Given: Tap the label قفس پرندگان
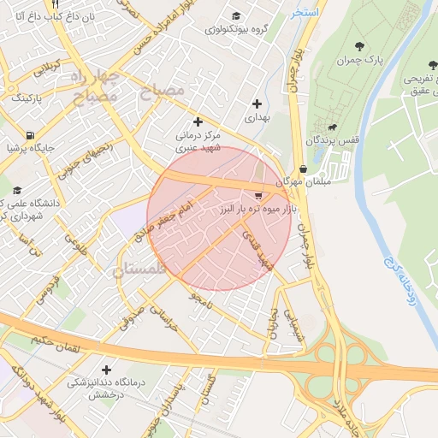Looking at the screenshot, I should point(340,139).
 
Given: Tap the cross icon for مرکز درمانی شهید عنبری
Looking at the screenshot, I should point(198,121).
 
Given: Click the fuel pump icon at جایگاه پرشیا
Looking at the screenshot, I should point(32,134).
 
